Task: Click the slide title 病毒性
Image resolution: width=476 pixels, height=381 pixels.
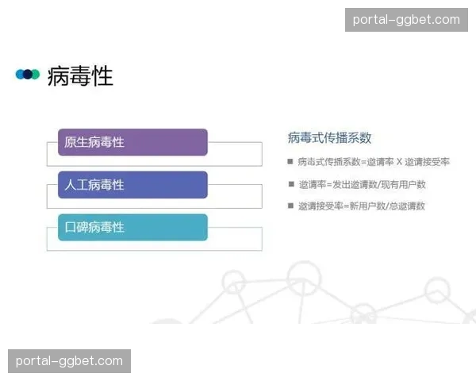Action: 80,76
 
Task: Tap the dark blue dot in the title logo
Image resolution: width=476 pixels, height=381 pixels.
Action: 28,75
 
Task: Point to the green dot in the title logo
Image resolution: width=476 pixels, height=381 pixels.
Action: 35,75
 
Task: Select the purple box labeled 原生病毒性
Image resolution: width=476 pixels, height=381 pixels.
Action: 132,143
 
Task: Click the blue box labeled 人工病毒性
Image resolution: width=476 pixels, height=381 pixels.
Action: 132,185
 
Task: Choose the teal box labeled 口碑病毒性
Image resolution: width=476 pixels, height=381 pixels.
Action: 132,227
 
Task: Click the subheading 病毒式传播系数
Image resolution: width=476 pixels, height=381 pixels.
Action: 329,137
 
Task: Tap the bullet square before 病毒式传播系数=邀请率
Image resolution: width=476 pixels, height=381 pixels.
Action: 290,162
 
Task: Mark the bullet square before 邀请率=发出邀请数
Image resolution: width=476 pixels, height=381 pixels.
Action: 290,184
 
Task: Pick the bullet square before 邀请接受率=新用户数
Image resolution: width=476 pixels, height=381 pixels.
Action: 290,206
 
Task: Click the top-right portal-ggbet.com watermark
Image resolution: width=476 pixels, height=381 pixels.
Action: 406,20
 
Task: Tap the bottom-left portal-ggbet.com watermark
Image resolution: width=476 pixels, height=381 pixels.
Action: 69,361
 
